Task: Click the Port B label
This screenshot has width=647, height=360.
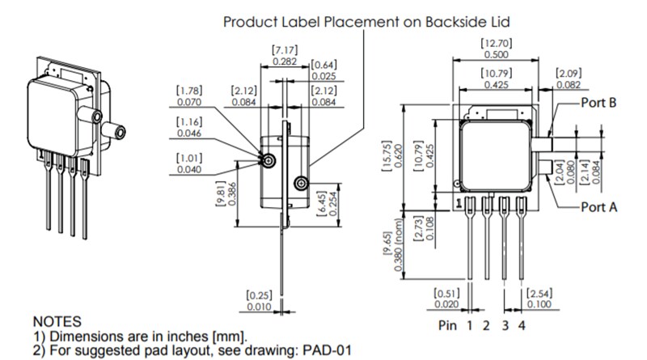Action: tap(599, 104)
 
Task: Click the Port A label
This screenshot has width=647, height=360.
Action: tap(599, 207)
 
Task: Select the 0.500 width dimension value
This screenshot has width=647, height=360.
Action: tap(496, 54)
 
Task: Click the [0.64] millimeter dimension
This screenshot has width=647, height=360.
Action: tap(323, 65)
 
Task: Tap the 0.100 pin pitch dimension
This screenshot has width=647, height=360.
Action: tap(539, 304)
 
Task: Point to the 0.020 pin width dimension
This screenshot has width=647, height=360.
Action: tap(446, 304)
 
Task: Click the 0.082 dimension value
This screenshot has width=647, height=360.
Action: tap(569, 85)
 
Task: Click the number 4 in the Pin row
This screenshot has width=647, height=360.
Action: tap(521, 326)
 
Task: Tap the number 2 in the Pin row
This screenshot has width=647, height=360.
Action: tap(486, 326)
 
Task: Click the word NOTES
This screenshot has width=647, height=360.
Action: tap(56, 322)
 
